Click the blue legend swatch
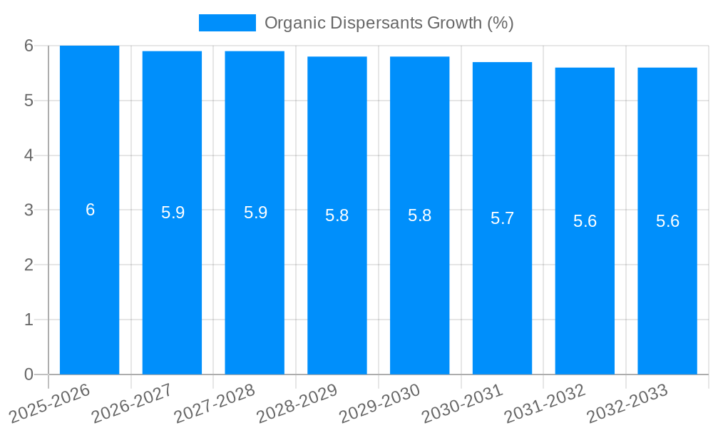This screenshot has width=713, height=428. coord(227,23)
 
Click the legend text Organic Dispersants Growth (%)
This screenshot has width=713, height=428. coord(389,23)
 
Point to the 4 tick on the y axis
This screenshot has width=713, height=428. coord(29,156)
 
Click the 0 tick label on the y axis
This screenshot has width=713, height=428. coord(29,374)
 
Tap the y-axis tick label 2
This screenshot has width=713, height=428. coord(29,265)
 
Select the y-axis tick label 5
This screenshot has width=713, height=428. coord(29,101)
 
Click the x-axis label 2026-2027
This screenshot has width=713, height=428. coord(132,404)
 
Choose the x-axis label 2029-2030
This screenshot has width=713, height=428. coord(379,404)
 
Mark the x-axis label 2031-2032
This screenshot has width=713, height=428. coord(545,404)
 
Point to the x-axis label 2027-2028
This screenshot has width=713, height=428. coord(215,404)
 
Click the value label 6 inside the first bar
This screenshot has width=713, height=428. coord(90,210)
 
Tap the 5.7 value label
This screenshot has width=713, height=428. coord(502,218)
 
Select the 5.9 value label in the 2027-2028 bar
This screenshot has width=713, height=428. coord(255,213)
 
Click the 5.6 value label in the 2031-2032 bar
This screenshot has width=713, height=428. coord(585,221)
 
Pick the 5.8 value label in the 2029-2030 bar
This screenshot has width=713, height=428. coord(419,215)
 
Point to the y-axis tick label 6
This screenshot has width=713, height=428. coord(29,46)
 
